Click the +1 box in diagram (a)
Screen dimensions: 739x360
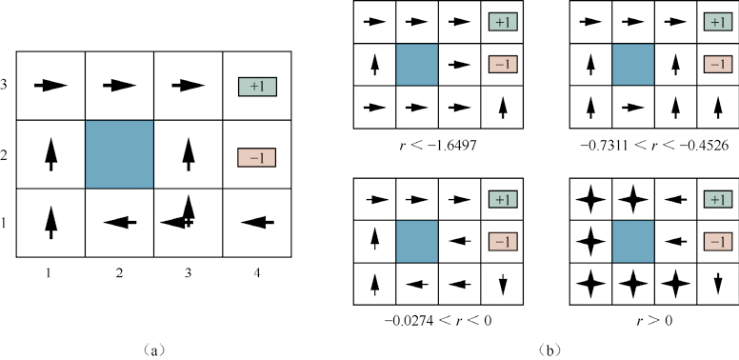click(x=257, y=87)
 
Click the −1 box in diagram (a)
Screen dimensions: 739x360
click(x=256, y=158)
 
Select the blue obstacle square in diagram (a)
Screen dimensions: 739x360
click(x=120, y=154)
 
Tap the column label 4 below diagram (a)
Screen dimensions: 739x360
click(x=257, y=272)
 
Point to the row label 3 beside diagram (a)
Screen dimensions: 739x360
click(x=4, y=86)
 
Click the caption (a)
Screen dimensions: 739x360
click(x=154, y=350)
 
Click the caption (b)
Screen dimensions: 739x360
click(x=550, y=350)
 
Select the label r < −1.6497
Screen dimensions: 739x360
click(x=437, y=145)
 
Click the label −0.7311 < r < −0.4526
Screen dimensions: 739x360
click(x=654, y=145)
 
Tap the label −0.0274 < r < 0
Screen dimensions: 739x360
click(x=438, y=320)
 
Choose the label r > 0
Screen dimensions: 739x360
click(x=654, y=320)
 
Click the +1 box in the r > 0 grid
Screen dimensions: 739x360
click(x=718, y=199)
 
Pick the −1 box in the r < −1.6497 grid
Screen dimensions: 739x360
click(x=503, y=64)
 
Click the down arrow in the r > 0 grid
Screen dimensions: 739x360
click(x=718, y=284)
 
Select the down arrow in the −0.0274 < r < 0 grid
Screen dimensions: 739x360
click(x=503, y=284)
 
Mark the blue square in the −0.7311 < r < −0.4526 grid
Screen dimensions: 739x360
click(x=633, y=65)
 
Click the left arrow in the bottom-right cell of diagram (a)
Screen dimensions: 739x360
click(x=257, y=222)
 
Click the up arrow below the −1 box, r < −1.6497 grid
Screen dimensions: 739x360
click(x=503, y=108)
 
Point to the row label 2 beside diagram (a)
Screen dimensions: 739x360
click(x=4, y=156)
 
